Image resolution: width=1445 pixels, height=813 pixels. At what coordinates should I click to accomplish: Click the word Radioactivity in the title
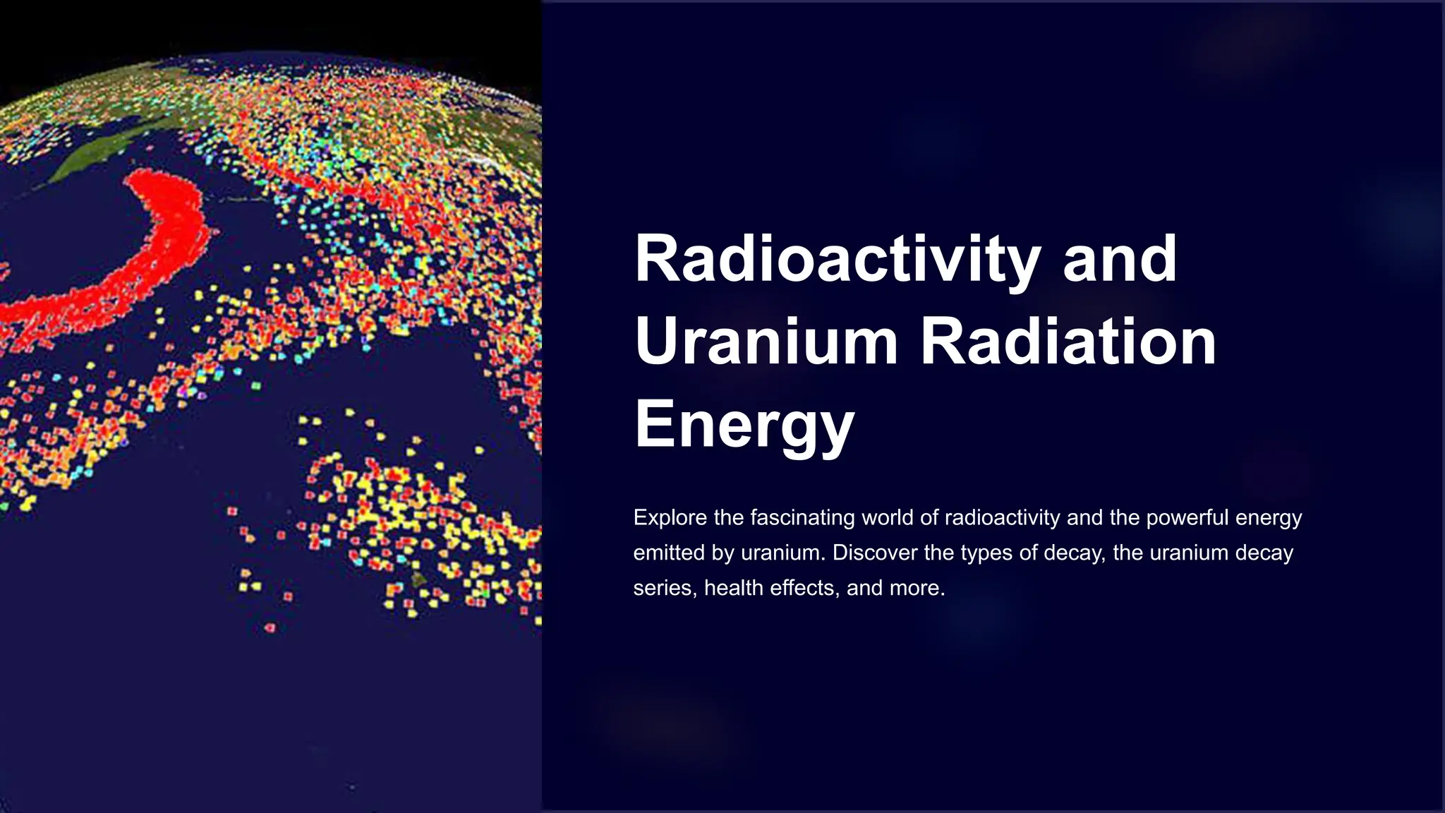[837, 259]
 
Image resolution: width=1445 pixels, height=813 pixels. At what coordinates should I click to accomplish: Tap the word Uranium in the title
[766, 342]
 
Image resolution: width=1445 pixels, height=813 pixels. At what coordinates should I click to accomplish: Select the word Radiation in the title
[1068, 342]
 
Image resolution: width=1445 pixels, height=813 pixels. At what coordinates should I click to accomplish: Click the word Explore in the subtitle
[670, 518]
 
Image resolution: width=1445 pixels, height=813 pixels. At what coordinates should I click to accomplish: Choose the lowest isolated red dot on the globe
[270, 627]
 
